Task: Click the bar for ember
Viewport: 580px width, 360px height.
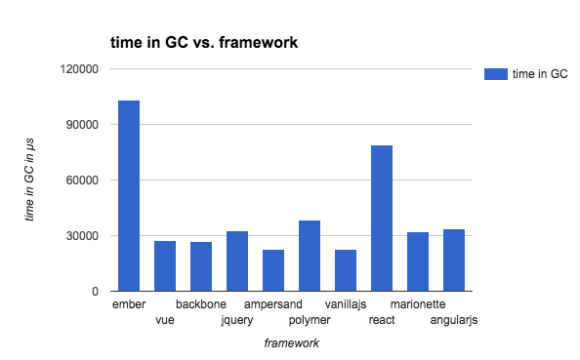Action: click(129, 196)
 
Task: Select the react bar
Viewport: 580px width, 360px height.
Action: click(382, 219)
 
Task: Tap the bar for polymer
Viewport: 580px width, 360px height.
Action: click(310, 256)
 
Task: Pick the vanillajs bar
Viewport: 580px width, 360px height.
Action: click(346, 270)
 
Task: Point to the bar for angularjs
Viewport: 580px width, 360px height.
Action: click(454, 260)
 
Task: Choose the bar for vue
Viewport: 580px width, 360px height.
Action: click(165, 266)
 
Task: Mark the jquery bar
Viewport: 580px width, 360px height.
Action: click(237, 261)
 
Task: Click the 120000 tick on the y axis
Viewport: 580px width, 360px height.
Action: click(79, 69)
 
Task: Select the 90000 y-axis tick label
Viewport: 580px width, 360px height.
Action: click(82, 125)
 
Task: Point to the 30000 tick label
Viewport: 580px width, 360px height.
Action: click(82, 236)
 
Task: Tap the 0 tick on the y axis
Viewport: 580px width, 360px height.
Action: click(95, 292)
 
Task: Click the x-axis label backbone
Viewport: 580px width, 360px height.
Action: click(201, 304)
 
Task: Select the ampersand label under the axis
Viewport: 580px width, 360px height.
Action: click(273, 304)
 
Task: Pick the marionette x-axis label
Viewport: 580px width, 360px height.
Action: click(418, 304)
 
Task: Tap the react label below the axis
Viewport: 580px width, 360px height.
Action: click(382, 320)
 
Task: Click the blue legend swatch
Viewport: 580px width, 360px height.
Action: click(496, 74)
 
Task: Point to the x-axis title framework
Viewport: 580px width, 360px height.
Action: click(292, 343)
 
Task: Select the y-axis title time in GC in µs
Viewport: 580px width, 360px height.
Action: click(29, 180)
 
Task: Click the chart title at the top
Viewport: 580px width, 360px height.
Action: click(204, 43)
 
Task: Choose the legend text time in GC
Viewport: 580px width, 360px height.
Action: click(540, 74)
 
